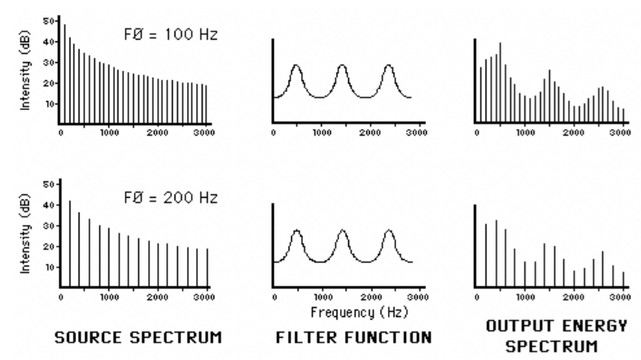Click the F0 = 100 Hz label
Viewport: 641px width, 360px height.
click(x=165, y=36)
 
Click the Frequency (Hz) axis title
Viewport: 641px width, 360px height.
click(x=347, y=314)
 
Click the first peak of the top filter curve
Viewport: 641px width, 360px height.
click(x=297, y=66)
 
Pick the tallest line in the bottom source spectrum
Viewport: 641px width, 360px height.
click(x=70, y=201)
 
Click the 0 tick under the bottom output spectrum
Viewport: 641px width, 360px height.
click(x=477, y=295)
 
